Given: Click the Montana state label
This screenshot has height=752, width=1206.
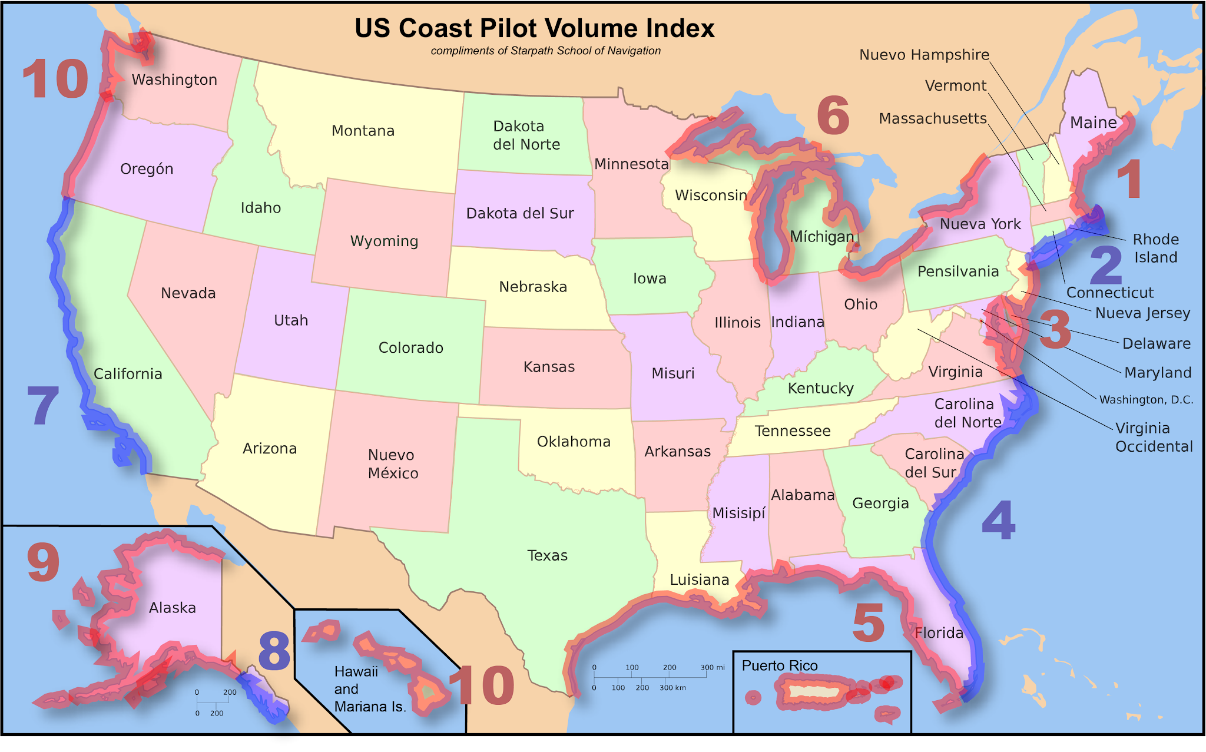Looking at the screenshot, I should tap(363, 131).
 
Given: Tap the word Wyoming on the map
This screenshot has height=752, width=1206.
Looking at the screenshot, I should tap(384, 241).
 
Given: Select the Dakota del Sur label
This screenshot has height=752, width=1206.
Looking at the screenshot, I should tap(519, 213).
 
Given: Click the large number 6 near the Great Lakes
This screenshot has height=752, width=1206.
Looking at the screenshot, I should tap(833, 116).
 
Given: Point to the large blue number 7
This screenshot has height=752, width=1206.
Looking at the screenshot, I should tap(43, 406).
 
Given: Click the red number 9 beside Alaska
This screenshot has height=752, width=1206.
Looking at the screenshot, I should tap(43, 563).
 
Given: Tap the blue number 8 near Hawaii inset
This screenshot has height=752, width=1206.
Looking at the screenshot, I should tap(274, 651).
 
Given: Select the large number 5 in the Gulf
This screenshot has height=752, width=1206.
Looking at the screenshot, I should tap(869, 623).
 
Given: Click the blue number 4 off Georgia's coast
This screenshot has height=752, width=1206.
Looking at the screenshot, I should tap(998, 521).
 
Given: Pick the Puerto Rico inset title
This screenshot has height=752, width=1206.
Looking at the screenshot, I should tap(779, 665).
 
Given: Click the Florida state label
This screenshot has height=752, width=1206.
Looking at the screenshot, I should tap(939, 633).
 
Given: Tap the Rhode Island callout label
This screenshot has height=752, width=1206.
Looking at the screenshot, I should tap(1155, 249).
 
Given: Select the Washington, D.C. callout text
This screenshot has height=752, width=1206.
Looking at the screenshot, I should tap(1146, 400).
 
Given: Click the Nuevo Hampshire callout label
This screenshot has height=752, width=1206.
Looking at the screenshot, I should tap(924, 55).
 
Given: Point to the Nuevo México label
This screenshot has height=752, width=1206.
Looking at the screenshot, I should tap(393, 464).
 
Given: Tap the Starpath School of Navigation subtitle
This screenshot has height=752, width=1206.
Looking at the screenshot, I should tap(545, 51).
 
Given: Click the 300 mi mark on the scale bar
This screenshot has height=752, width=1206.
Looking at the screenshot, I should tap(712, 668).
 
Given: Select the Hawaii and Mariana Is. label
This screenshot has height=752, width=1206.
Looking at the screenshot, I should tap(369, 689).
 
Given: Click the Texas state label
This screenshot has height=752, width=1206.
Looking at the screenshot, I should tap(547, 555).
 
